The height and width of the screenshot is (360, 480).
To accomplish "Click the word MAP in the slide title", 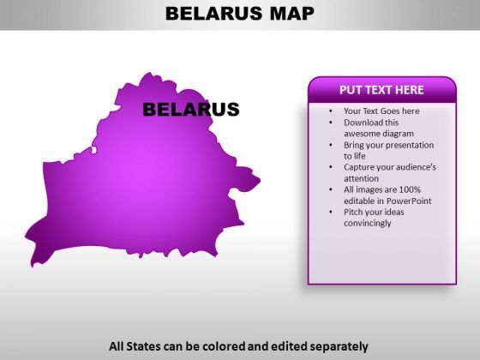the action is click(292, 14).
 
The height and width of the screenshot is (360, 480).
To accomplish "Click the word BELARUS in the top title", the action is click(214, 14).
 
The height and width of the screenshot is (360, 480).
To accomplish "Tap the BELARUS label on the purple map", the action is click(191, 110).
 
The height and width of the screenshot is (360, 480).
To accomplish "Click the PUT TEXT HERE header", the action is click(381, 90).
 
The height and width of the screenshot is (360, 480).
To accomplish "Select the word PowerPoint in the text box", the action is click(409, 201).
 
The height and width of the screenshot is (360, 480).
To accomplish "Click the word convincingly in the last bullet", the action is click(368, 223).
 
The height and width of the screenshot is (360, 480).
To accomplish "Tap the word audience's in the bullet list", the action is click(418, 167).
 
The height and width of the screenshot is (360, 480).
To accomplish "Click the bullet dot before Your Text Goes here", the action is click(331, 111).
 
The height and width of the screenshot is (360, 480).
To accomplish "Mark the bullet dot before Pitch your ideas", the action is click(331, 213).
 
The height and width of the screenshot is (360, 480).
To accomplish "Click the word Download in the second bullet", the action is click(360, 123).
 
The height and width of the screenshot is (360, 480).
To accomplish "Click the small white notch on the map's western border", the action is click(94, 150).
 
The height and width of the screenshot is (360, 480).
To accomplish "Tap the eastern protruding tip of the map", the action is click(260, 181).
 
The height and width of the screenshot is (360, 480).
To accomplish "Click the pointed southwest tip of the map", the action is click(33, 266).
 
